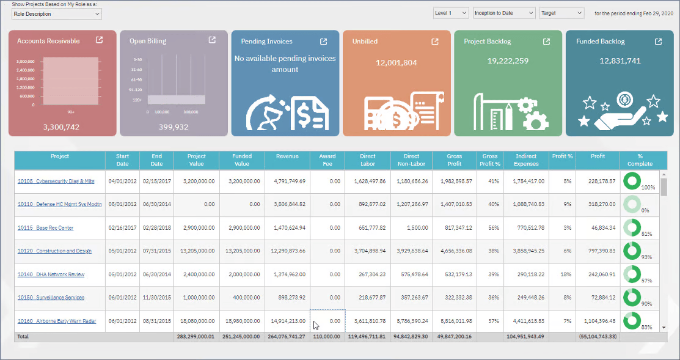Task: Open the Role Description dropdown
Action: pyautogui.click(x=57, y=13)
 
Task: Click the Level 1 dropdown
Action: pyautogui.click(x=451, y=13)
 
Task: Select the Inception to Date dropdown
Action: pyautogui.click(x=503, y=13)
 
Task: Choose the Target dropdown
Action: pyautogui.click(x=561, y=13)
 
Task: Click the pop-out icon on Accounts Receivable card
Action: pyautogui.click(x=100, y=40)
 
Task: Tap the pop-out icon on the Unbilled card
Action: pyautogui.click(x=435, y=42)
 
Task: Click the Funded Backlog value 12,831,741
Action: pyautogui.click(x=620, y=61)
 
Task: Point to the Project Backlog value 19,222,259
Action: pyautogui.click(x=508, y=61)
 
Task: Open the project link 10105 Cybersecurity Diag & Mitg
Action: pyautogui.click(x=56, y=182)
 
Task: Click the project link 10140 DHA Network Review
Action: pyautogui.click(x=51, y=274)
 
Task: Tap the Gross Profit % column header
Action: pyautogui.click(x=489, y=160)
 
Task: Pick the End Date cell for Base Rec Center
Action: pyautogui.click(x=156, y=228)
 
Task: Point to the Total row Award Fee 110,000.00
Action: pyautogui.click(x=327, y=337)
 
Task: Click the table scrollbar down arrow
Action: pyautogui.click(x=664, y=328)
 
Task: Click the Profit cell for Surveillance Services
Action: pyautogui.click(x=598, y=298)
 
